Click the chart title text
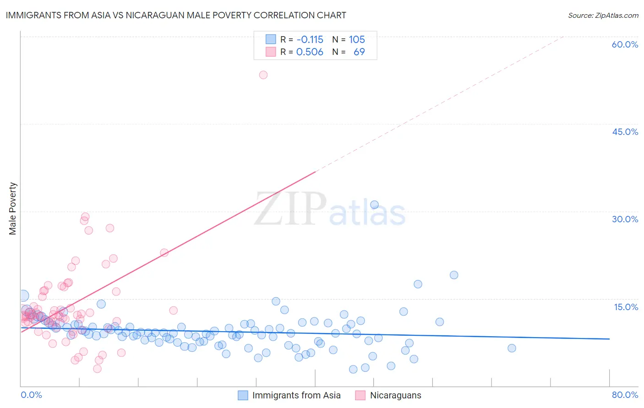click(x=175, y=15)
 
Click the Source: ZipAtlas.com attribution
click(x=603, y=15)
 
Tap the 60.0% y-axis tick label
click(x=625, y=44)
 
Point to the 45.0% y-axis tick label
click(x=625, y=132)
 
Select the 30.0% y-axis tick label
click(x=625, y=219)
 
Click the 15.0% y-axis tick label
click(x=626, y=307)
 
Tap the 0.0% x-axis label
click(x=31, y=395)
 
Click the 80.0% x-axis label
click(x=625, y=395)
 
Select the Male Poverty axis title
click(x=13, y=209)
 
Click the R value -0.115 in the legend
click(x=310, y=40)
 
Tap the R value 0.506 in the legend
click(x=310, y=52)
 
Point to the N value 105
click(x=357, y=40)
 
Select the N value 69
click(x=359, y=52)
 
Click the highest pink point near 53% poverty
click(x=263, y=75)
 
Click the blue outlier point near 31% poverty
click(x=374, y=205)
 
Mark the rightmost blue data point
click(x=512, y=348)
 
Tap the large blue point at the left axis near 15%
click(x=23, y=296)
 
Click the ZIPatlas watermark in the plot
click(x=330, y=209)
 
